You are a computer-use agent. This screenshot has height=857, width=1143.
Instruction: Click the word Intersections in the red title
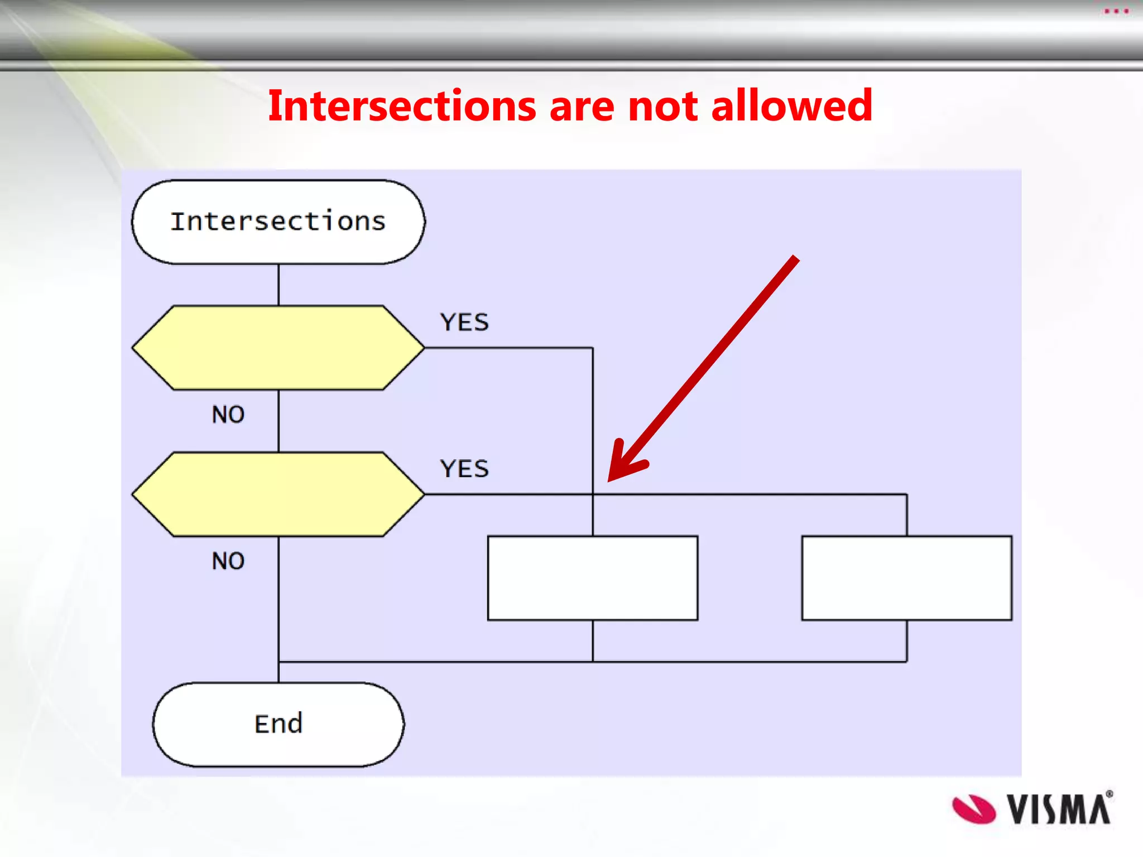402,106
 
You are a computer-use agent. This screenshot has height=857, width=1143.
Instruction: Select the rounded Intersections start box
278,222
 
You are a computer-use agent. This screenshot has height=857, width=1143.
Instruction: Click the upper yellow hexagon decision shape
278,348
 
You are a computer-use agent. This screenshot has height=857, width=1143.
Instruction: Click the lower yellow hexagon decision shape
278,494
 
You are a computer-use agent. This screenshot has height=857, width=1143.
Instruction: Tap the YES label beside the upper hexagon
464,322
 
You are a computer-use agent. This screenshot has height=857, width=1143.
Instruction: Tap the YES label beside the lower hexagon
464,469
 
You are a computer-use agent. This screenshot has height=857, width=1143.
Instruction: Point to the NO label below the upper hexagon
228,415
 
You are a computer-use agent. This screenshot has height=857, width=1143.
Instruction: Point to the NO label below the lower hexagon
228,561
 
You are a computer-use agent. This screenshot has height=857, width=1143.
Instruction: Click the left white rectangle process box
593,578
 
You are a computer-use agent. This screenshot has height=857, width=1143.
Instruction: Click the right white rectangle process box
906,578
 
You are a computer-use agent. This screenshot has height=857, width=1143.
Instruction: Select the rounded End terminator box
278,724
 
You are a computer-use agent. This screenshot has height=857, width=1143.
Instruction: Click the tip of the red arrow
610,480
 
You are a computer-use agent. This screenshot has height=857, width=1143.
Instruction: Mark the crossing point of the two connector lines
593,494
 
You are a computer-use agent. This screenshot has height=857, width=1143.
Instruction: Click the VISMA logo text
1058,809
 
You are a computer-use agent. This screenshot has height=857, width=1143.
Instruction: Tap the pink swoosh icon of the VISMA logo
973,809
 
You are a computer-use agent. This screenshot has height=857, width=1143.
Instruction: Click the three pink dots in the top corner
1116,11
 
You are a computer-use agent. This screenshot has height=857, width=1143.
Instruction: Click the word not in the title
663,106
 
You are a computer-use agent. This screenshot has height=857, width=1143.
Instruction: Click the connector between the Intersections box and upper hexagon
278,285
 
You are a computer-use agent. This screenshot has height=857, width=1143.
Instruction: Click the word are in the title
582,106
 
